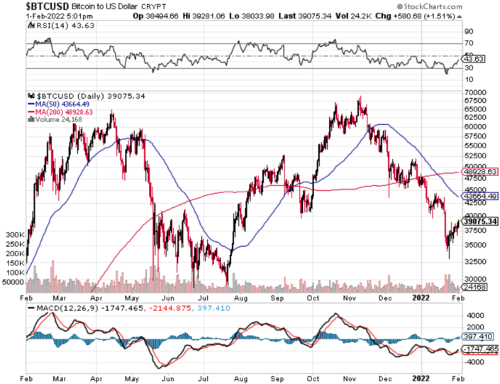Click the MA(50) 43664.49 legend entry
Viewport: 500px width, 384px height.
tap(56, 104)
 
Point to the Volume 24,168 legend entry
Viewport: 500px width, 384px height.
tap(54, 119)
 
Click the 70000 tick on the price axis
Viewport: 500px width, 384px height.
tap(473, 92)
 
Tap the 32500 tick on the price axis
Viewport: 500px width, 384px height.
tap(473, 261)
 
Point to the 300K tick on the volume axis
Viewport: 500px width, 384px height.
tap(14, 234)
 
